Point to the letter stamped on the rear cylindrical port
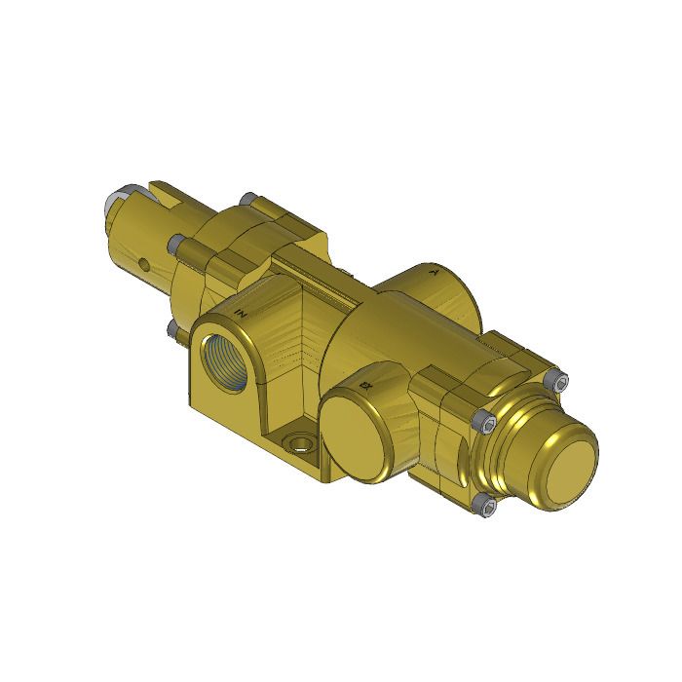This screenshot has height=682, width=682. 435,274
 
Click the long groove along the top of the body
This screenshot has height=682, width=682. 312,279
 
